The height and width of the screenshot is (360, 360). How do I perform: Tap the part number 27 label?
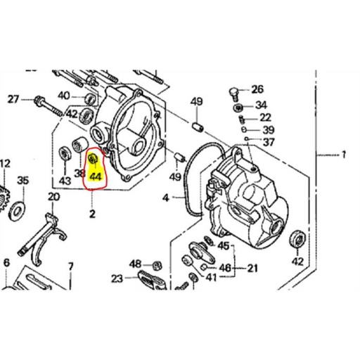(x=13, y=100)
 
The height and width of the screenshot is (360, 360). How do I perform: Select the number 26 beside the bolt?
(x=257, y=89)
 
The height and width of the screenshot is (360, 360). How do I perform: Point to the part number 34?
(x=262, y=105)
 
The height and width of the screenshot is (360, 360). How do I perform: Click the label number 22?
(x=264, y=117)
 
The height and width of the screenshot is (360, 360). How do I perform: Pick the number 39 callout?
(x=269, y=130)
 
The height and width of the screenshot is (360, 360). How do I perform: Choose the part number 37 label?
(x=269, y=143)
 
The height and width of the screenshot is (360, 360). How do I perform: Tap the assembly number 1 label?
(x=344, y=154)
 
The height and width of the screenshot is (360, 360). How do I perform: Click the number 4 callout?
(x=165, y=198)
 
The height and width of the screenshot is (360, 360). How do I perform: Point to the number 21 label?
(x=252, y=268)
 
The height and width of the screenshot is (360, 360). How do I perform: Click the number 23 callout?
(x=116, y=278)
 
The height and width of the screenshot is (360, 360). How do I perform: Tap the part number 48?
(x=136, y=264)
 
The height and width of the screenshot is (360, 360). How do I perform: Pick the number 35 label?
(x=24, y=181)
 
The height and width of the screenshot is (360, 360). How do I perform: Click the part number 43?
(x=65, y=180)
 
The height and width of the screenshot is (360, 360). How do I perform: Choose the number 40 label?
(x=64, y=96)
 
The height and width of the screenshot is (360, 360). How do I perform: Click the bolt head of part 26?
(x=235, y=91)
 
